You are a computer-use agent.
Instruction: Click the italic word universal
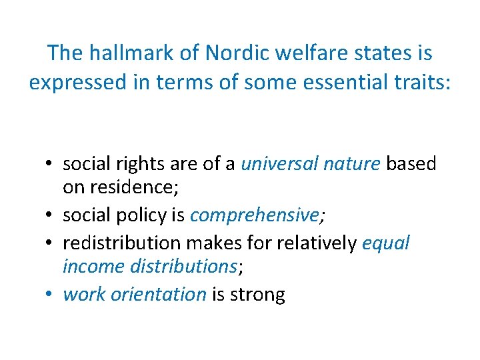pyautogui.click(x=281, y=164)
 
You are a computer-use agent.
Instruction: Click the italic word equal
pyautogui.click(x=386, y=243)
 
